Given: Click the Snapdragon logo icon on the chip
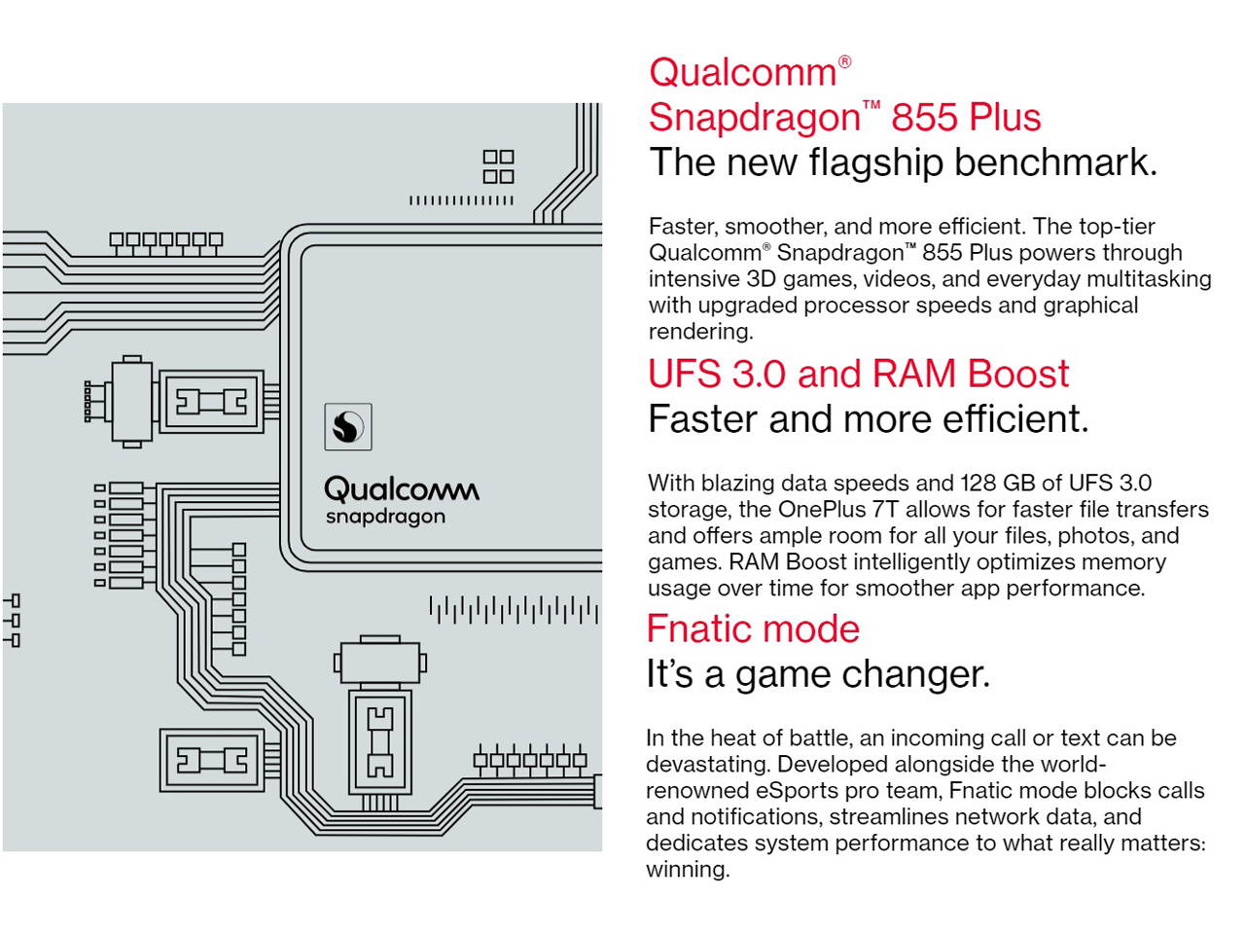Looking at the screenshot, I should (347, 426).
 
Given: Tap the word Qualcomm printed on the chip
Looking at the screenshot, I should (401, 488).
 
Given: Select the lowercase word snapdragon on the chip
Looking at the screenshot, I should (385, 517).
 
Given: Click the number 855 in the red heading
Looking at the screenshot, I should (925, 117).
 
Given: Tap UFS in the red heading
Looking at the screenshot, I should (684, 374).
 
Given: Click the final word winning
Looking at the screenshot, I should (687, 869).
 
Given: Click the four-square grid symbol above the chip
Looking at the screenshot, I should (498, 166).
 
